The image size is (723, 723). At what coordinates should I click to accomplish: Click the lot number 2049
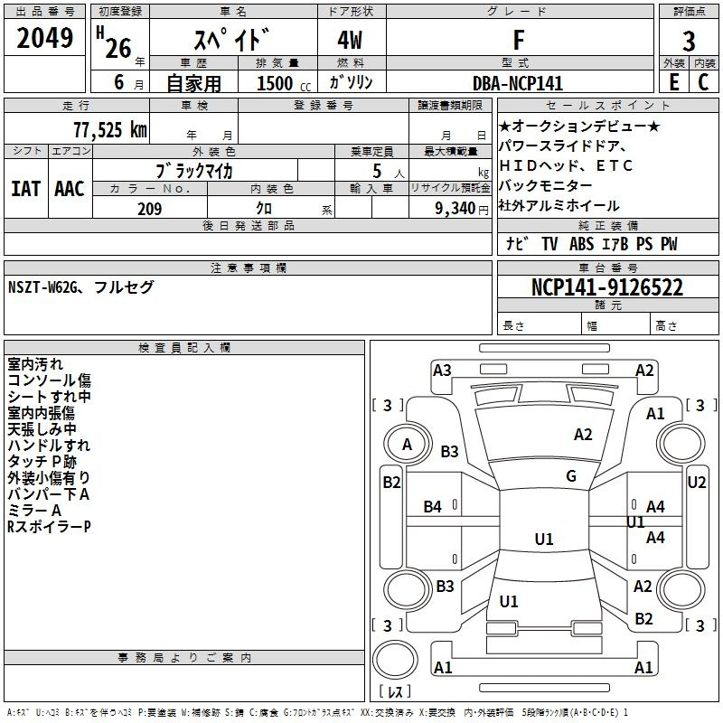pyautogui.click(x=44, y=38)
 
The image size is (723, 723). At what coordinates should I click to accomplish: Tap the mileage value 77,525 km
pyautogui.click(x=110, y=129)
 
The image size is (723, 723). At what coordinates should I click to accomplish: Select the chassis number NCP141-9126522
pyautogui.click(x=607, y=287)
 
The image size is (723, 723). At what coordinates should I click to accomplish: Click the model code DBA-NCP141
pyautogui.click(x=518, y=83)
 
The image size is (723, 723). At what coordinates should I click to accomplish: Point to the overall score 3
pyautogui.click(x=689, y=42)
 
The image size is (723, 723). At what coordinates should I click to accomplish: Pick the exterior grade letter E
pyautogui.click(x=674, y=82)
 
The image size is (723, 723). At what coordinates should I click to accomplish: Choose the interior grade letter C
pyautogui.click(x=703, y=82)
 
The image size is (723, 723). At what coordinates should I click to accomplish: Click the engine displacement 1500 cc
pyautogui.click(x=284, y=83)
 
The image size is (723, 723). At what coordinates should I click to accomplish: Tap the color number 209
pyautogui.click(x=149, y=209)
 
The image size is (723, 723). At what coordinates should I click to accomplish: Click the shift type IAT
pyautogui.click(x=25, y=189)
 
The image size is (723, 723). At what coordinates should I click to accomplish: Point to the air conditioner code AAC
pyautogui.click(x=70, y=189)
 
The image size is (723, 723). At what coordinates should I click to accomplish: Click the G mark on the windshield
pyautogui.click(x=571, y=476)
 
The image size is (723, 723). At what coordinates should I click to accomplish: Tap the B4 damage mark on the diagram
pyautogui.click(x=432, y=507)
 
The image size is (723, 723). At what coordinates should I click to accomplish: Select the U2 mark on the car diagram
pyautogui.click(x=696, y=483)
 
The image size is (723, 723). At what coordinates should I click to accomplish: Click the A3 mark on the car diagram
pyautogui.click(x=442, y=371)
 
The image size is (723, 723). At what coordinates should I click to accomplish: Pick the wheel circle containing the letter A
pyautogui.click(x=408, y=445)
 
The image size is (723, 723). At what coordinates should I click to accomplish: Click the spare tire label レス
pyautogui.click(x=395, y=690)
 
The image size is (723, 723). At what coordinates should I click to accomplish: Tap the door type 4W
pyautogui.click(x=350, y=40)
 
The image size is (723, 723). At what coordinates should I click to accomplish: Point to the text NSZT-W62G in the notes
pyautogui.click(x=42, y=287)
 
